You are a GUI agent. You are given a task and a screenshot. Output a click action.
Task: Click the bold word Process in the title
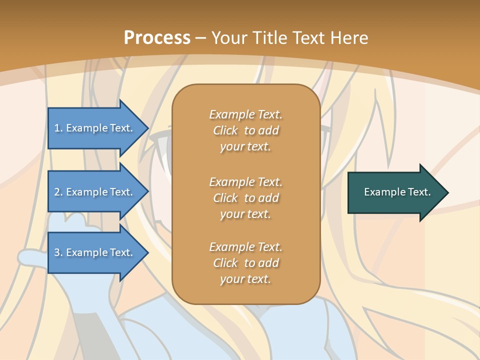pyautogui.click(x=157, y=38)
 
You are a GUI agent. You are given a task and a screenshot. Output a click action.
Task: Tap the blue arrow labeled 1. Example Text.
pyautogui.click(x=95, y=128)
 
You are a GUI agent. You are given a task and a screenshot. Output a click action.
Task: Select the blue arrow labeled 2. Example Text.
pyautogui.click(x=95, y=192)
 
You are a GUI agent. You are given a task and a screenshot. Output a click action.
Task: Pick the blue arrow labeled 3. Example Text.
pyautogui.click(x=95, y=252)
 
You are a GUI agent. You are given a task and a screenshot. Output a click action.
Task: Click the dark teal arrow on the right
pyautogui.click(x=395, y=192)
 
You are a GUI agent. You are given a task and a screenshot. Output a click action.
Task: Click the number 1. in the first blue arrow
pyautogui.click(x=58, y=128)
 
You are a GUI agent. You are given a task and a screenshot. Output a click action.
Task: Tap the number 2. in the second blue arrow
pyautogui.click(x=58, y=192)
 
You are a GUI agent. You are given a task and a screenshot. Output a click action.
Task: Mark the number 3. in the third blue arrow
pyautogui.click(x=58, y=252)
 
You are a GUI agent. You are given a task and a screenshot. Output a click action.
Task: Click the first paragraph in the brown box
pyautogui.click(x=245, y=130)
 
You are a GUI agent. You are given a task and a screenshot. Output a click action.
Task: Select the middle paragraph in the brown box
pyautogui.click(x=245, y=198)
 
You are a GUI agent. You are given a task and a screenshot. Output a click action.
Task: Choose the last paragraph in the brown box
pyautogui.click(x=245, y=263)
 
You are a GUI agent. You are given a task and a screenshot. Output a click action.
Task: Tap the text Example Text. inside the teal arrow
pyautogui.click(x=397, y=192)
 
